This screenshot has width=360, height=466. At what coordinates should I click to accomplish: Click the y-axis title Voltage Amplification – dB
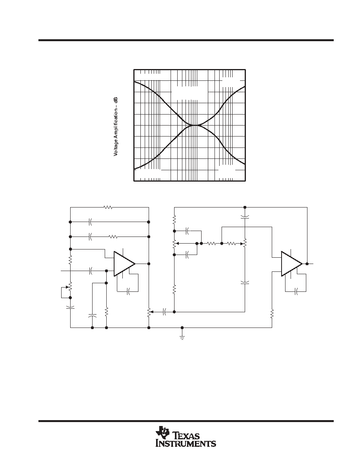point(116,127)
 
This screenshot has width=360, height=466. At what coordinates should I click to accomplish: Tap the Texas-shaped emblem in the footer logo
point(162,432)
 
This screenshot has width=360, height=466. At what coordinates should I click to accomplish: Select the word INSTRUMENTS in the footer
point(186,443)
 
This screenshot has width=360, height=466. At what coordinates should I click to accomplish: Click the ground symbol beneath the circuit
point(182,337)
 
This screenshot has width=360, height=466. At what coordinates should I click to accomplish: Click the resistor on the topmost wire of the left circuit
point(108,207)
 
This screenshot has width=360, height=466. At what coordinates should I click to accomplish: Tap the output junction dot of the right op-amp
point(307,264)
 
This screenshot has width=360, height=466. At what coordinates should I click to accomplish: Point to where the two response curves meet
point(195,126)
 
